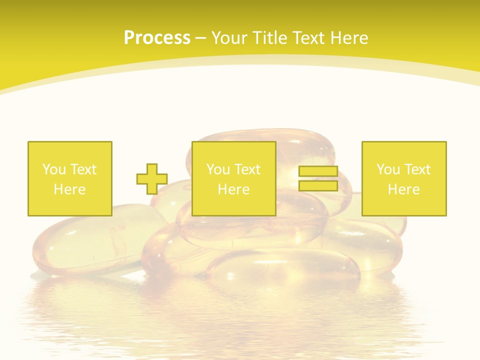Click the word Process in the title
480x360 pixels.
(x=157, y=38)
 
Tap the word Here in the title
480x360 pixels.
(x=347, y=38)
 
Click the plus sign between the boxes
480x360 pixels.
(x=152, y=179)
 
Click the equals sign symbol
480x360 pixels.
(x=318, y=178)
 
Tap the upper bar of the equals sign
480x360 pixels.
(x=318, y=171)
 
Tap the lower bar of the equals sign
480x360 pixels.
(x=318, y=185)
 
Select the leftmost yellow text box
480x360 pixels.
(x=70, y=178)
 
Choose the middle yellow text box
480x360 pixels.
(x=234, y=178)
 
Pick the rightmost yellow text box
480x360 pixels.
(x=404, y=178)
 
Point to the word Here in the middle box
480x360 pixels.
(x=234, y=189)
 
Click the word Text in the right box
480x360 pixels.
(x=417, y=169)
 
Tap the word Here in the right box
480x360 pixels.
(x=404, y=189)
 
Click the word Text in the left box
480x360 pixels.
(x=83, y=169)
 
